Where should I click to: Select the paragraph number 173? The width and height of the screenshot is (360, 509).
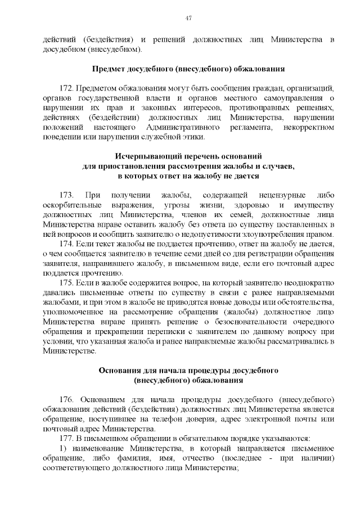66,195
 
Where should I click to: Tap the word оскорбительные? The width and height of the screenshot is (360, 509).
72,205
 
